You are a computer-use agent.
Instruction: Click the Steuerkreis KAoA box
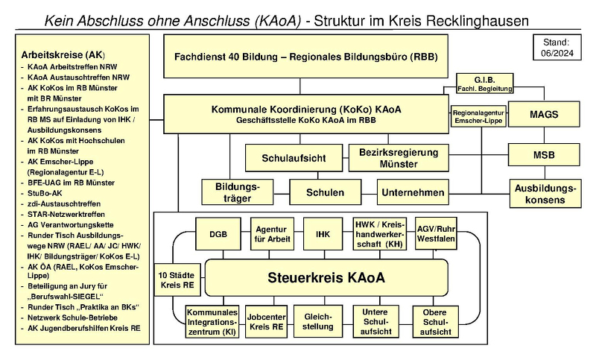pyautogui.click(x=326, y=278)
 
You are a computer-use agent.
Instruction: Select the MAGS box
pyautogui.click(x=544, y=116)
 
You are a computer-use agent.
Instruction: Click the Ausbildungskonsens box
pyautogui.click(x=544, y=192)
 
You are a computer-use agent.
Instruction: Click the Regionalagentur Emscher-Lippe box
pyautogui.click(x=477, y=116)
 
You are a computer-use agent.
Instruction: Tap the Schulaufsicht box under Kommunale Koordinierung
pyautogui.click(x=294, y=158)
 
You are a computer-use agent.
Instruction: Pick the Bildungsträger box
pyautogui.click(x=232, y=192)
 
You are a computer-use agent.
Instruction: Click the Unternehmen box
pyautogui.click(x=413, y=192)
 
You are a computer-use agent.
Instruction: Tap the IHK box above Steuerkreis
pyautogui.click(x=323, y=234)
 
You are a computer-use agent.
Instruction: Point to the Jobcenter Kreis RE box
pyautogui.click(x=266, y=321)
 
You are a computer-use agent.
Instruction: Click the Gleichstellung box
pyautogui.click(x=318, y=321)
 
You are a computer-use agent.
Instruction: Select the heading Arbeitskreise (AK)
pyautogui.click(x=63, y=55)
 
